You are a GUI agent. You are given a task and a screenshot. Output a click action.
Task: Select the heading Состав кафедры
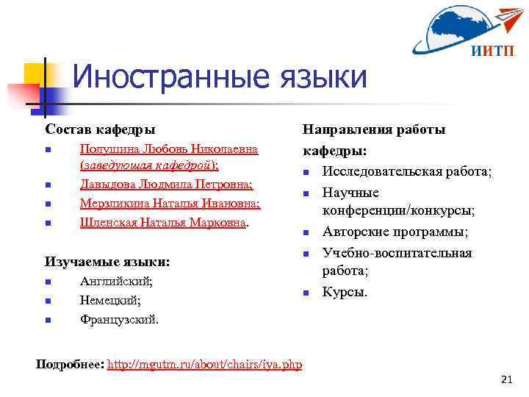(x=100, y=129)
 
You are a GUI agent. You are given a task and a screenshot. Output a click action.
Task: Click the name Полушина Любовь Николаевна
(x=168, y=149)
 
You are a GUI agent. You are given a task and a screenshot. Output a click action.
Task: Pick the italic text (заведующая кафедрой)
(x=149, y=165)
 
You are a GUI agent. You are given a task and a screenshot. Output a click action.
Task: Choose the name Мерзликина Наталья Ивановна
(x=170, y=203)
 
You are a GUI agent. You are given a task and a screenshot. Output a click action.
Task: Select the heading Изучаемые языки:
(x=107, y=261)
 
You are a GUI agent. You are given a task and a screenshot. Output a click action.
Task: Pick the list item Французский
(x=119, y=319)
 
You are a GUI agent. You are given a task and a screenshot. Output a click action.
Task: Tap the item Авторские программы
(x=395, y=232)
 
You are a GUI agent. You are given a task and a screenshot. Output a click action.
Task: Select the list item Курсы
(x=345, y=292)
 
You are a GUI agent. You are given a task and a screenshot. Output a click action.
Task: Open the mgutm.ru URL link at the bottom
(x=204, y=365)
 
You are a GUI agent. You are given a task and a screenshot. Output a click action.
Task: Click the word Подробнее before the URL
(x=69, y=365)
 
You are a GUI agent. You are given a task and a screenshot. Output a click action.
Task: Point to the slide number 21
(x=505, y=379)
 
